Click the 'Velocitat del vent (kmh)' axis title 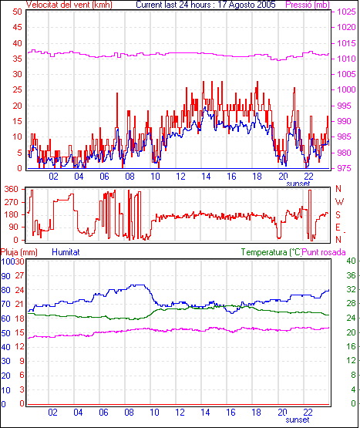[x=69, y=5]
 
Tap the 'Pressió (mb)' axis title [x=308, y=5]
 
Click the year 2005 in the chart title [x=265, y=5]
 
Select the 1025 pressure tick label [x=347, y=12]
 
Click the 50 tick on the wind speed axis [x=17, y=12]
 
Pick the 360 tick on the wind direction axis [x=12, y=189]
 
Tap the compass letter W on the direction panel [x=339, y=202]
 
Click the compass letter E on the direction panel [x=338, y=227]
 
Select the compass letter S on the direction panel [x=338, y=215]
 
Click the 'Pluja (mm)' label [x=19, y=252]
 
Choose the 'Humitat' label [x=66, y=252]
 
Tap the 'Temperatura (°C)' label [x=271, y=252]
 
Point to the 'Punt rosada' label [x=324, y=252]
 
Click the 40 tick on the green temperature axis [x=351, y=261]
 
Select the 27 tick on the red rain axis [x=19, y=275]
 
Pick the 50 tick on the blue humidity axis [x=5, y=333]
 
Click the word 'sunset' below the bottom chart [x=298, y=420]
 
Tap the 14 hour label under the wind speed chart [x=206, y=177]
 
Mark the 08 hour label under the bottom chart [x=129, y=412]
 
